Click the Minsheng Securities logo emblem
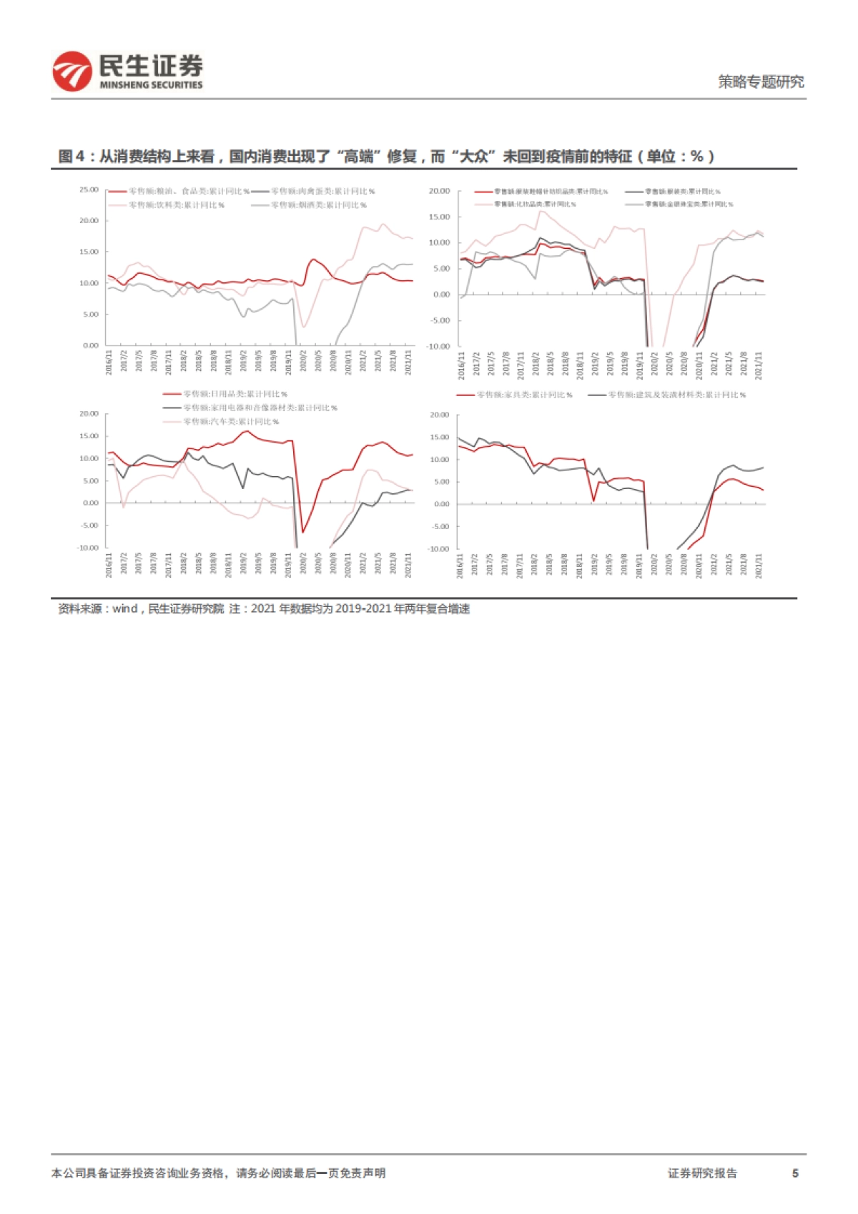pos(72,71)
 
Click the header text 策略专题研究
pos(761,82)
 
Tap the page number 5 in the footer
pos(795,1173)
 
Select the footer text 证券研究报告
pos(702,1173)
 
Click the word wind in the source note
pos(124,609)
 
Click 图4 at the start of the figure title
pos(71,157)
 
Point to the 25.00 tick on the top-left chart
pos(89,189)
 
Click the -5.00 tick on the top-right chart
pos(440,320)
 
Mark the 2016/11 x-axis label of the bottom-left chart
pos(109,565)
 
